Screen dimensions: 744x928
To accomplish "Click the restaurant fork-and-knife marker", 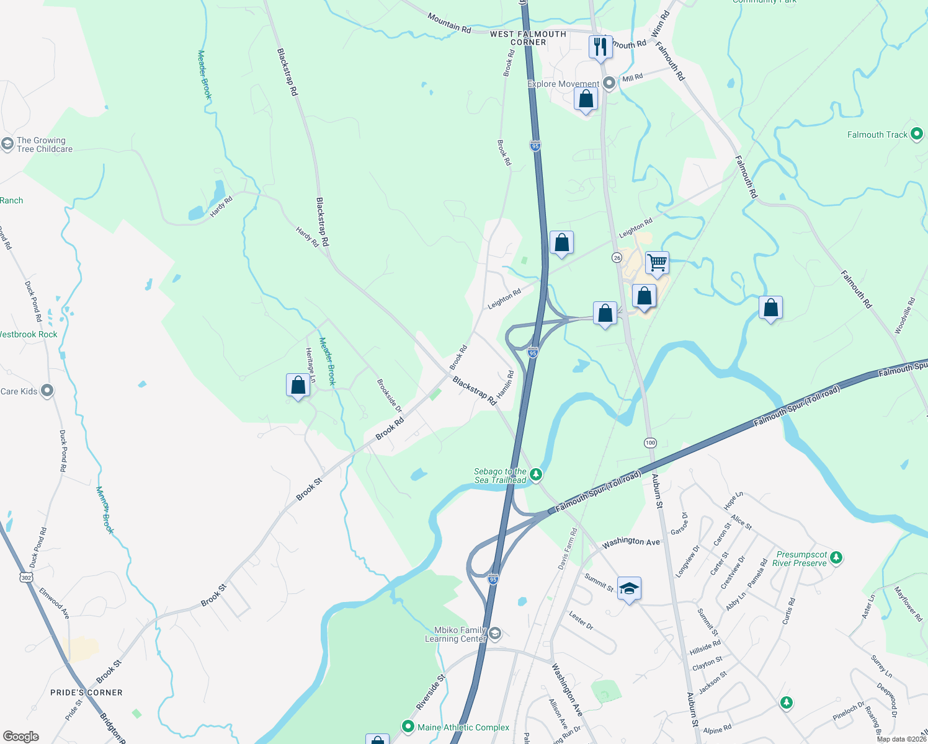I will point(600,46).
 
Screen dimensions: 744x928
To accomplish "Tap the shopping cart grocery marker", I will point(657,262).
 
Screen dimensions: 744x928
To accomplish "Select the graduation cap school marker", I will point(629,588).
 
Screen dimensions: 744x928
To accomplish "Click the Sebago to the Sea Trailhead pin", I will point(536,475).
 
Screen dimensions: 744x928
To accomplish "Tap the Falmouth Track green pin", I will point(916,135).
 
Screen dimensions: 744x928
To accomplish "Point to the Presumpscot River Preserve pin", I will point(836,558).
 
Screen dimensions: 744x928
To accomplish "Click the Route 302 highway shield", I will point(25,578).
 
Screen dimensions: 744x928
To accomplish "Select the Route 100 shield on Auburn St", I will point(649,443).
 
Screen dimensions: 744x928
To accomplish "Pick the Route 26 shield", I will point(617,257).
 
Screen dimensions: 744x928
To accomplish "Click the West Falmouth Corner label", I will point(528,38).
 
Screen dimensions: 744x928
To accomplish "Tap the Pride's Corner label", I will point(86,693).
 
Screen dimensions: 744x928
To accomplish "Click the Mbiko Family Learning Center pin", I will point(495,634).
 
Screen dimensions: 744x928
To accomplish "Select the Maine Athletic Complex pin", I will point(408,727).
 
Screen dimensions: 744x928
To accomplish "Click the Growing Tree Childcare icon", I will point(7,144).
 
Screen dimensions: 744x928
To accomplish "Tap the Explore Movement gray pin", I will point(609,83).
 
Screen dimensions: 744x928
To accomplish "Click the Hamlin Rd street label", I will point(505,384).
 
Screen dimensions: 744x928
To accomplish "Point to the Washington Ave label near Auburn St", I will point(631,541).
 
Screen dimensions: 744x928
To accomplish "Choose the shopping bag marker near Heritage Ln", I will point(298,385).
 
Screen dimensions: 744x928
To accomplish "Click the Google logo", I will point(21,737).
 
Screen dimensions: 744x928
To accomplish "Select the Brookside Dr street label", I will point(390,396).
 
